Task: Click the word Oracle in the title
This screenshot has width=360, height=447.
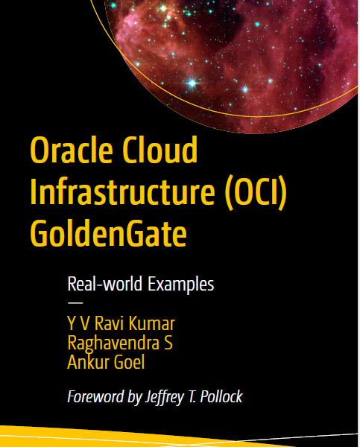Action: pos(72,150)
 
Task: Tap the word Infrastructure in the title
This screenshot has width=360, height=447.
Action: pos(122,191)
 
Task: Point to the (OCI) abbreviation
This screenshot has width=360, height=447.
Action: pos(256,191)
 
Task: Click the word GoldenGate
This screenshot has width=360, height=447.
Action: pos(108,232)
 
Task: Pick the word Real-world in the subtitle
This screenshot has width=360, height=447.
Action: pos(104,284)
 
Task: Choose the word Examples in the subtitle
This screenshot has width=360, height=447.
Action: pos(181,285)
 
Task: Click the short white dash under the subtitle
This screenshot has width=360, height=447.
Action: pos(75,302)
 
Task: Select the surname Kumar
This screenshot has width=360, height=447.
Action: pos(152,323)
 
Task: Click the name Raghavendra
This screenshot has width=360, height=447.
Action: pos(113,343)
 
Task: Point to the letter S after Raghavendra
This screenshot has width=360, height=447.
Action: pos(168,343)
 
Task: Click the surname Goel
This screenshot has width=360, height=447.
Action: pos(129,362)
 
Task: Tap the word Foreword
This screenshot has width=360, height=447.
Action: pos(95,396)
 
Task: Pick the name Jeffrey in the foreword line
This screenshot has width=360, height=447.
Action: pos(164,397)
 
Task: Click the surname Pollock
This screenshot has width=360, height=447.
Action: pos(221,396)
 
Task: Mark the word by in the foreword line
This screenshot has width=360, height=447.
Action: pos(134,397)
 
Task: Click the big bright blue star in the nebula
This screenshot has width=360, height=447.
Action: pos(192,83)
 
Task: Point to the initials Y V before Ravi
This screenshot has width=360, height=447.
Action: pos(78,323)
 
